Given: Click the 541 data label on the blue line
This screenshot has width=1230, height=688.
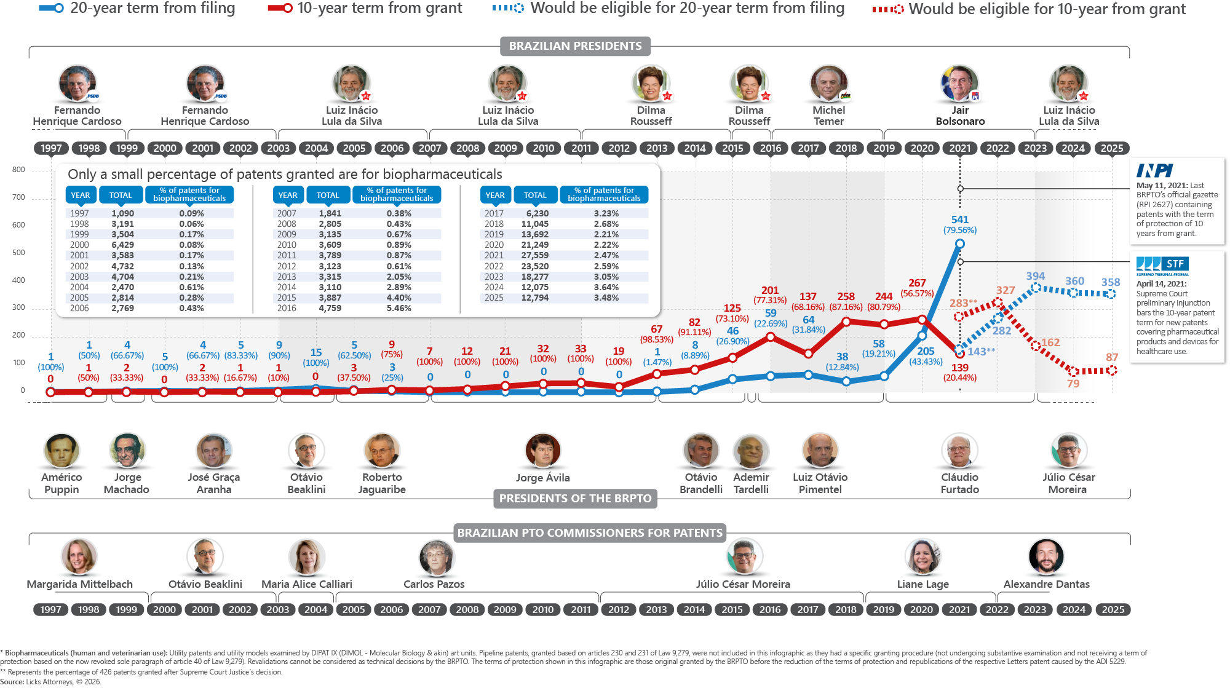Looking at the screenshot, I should click(959, 219).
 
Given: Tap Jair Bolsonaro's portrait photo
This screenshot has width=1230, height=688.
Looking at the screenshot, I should click(959, 83).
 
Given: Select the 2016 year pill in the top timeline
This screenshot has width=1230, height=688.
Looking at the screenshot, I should click(770, 148).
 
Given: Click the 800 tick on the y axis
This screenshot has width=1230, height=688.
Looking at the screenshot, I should click(18, 170).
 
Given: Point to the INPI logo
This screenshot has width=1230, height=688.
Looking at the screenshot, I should click(1154, 170).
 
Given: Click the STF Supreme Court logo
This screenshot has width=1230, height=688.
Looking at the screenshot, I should click(1162, 266).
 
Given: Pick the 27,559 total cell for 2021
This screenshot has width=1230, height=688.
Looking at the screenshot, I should click(534, 255).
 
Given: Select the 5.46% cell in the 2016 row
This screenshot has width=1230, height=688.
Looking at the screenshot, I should click(399, 308).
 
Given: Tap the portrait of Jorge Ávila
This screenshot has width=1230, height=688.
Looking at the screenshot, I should click(542, 450).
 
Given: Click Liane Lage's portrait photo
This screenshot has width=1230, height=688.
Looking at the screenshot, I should click(922, 556).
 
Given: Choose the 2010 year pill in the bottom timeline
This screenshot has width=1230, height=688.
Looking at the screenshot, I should click(542, 609).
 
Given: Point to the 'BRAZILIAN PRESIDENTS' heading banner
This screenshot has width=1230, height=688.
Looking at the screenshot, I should click(575, 46).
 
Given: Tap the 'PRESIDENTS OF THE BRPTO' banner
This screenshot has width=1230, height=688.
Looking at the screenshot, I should click(575, 499).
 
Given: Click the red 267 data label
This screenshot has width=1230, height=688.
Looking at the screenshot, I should click(916, 283).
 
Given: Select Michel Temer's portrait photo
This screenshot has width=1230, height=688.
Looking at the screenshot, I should click(828, 83).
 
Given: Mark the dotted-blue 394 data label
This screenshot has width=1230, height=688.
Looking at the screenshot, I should click(1035, 277).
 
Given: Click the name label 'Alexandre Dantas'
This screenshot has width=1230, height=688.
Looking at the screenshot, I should click(1046, 584).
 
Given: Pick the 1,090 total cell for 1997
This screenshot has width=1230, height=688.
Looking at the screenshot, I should click(122, 213).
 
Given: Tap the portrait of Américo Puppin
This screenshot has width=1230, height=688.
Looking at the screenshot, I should click(61, 450).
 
